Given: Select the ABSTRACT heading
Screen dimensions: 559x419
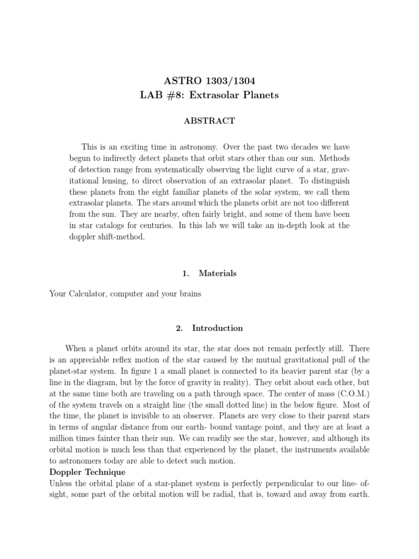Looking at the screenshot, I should pos(209,121).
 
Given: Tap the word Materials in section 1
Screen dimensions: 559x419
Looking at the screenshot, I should pos(218,273).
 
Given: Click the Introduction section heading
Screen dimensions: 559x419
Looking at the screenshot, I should pos(217,328).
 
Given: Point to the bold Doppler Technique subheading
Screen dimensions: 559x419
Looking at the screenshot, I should pos(87,472).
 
